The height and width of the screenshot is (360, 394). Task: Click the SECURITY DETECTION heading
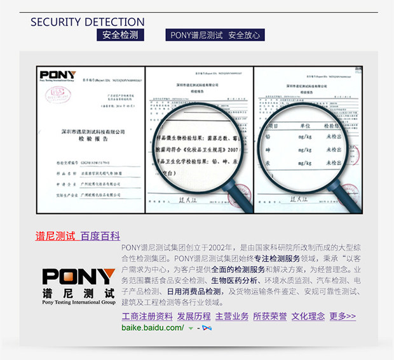point(87,22)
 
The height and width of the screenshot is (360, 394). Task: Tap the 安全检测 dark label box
point(121,35)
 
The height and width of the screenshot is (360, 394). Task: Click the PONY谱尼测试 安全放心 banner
point(215,35)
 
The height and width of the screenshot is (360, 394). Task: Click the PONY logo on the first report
point(57,76)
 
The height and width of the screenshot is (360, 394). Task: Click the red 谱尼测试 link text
point(55,236)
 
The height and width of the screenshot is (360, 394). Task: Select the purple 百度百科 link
point(100,236)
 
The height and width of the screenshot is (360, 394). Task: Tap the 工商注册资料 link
point(147,316)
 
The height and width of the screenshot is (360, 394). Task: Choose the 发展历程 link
point(193,316)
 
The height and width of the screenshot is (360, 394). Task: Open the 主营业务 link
point(231,316)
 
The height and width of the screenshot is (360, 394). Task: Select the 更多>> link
point(343,316)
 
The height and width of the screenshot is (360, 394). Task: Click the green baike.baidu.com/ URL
point(153,328)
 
